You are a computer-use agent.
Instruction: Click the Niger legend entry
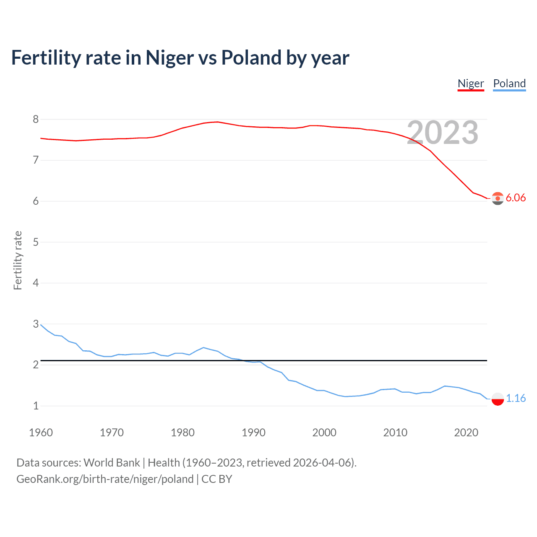[471, 83]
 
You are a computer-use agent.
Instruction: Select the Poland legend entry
[509, 83]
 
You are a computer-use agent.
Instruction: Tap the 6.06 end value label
[516, 198]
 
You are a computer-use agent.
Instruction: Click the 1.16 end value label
[516, 398]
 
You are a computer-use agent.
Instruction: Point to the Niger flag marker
[498, 198]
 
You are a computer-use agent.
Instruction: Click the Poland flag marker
[498, 399]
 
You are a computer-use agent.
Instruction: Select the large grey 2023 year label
[443, 133]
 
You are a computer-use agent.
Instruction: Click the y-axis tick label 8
[36, 120]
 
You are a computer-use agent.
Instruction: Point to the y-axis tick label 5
[36, 242]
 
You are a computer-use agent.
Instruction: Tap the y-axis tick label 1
[36, 406]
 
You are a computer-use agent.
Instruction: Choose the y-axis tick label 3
[36, 324]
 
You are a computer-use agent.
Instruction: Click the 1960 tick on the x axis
[41, 433]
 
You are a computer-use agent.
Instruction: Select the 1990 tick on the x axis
[253, 433]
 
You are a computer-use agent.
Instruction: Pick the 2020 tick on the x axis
[466, 433]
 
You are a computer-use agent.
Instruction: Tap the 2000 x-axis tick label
[324, 433]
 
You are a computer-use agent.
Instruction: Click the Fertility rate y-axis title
[18, 260]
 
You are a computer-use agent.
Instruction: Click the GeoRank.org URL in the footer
[105, 479]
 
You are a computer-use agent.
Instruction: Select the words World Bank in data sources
[112, 463]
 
